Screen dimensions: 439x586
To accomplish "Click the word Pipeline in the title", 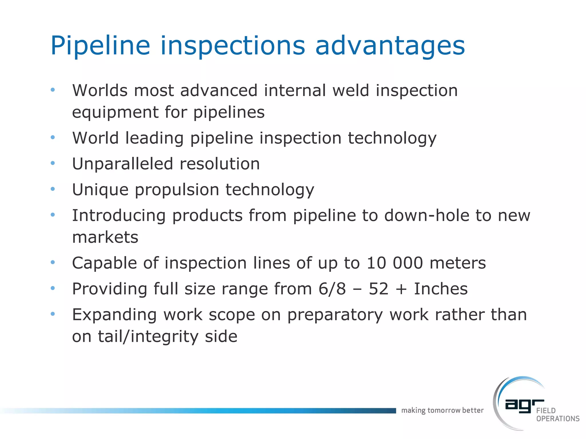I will (100, 46).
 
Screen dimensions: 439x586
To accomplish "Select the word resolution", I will (220, 164).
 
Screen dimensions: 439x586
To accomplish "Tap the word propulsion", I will (177, 190).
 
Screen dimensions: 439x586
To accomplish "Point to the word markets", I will (105, 237).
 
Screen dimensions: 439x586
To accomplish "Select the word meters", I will (458, 263).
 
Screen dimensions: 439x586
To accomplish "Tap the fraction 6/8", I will (332, 289).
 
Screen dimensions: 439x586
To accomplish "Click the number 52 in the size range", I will (378, 289).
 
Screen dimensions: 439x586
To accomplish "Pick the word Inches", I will (441, 289).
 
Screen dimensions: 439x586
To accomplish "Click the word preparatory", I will (335, 315).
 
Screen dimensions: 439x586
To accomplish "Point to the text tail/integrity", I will (148, 336).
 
